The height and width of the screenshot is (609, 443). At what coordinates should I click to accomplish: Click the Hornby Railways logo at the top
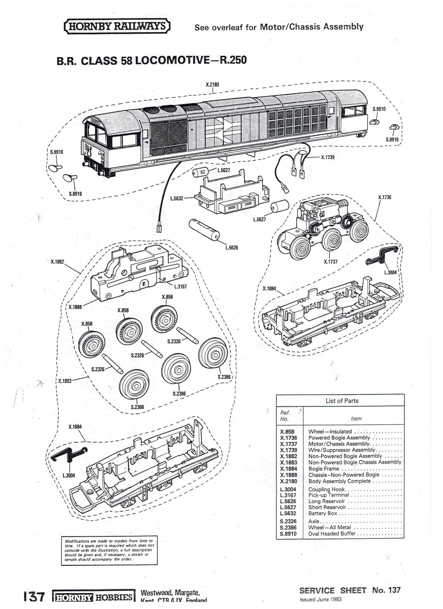point(117,27)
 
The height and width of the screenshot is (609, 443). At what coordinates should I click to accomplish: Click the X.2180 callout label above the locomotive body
point(213,84)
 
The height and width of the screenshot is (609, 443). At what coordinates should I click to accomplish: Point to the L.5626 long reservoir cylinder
point(204,230)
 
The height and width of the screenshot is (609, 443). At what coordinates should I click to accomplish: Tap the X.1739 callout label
point(327,157)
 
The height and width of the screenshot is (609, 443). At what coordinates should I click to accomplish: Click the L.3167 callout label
point(180,286)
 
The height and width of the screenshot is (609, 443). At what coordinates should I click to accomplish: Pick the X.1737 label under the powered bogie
point(331,262)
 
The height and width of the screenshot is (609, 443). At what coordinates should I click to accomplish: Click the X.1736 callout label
point(385,197)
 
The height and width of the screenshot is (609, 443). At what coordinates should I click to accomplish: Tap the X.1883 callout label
point(65,381)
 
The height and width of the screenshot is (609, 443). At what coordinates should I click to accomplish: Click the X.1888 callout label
point(75,307)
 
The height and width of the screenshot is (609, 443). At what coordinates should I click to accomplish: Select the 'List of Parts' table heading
point(342,401)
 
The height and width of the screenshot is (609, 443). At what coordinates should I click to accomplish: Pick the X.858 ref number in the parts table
point(287,432)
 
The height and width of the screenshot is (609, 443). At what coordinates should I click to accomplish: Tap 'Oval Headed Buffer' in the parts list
point(332,533)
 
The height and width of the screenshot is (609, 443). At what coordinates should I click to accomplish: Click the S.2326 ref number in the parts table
point(288,521)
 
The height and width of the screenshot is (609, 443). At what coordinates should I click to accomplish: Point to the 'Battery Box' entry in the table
point(322,513)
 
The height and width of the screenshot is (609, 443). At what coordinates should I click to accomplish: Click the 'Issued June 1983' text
point(321,599)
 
